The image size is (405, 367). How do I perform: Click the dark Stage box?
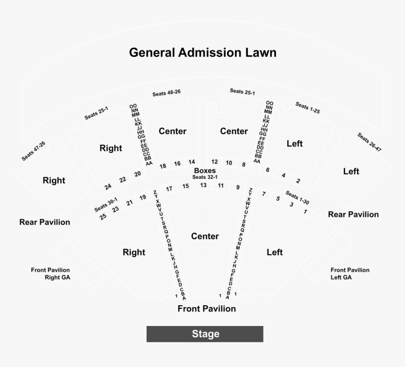click(x=205, y=334)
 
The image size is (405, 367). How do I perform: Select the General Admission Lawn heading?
click(x=202, y=52)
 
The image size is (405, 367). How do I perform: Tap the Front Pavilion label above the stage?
click(x=206, y=309)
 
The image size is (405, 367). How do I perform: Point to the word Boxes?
click(x=205, y=170)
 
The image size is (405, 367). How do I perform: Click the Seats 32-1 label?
click(x=205, y=177)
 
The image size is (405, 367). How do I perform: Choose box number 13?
click(x=203, y=185)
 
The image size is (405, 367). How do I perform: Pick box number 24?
click(x=108, y=186)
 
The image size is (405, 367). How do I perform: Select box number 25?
click(x=103, y=217)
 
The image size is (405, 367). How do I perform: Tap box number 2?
click(x=298, y=181)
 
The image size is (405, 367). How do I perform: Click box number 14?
click(x=192, y=162)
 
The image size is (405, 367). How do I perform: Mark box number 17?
click(x=169, y=189)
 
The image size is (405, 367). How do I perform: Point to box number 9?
click(x=238, y=188)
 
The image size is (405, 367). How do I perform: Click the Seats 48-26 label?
click(x=166, y=93)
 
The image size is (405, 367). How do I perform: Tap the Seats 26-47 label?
click(x=369, y=142)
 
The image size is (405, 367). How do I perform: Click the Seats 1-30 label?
click(x=298, y=198)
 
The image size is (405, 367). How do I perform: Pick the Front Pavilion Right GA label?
click(x=50, y=274)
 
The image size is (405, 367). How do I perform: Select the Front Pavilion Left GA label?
click(x=349, y=274)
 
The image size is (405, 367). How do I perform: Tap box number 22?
click(x=122, y=180)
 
